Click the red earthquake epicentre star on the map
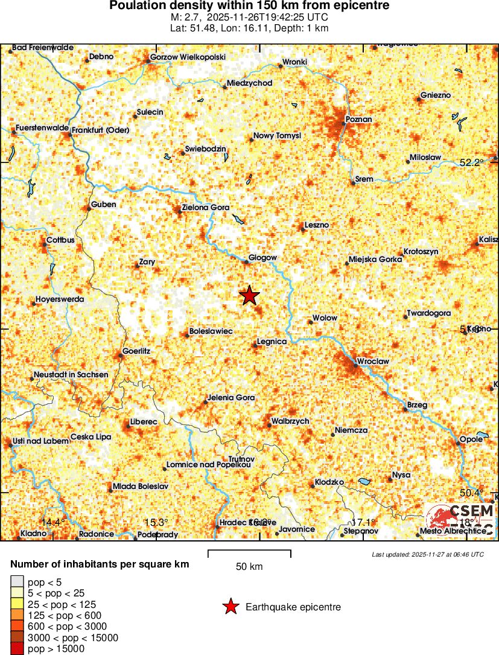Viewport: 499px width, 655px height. (x=249, y=296)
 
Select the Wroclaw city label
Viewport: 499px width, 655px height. (x=373, y=361)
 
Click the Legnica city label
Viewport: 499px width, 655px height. (x=272, y=342)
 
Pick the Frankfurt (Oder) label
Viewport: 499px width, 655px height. (x=100, y=130)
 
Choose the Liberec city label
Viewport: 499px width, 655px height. (x=144, y=421)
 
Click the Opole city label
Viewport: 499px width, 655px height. (x=471, y=439)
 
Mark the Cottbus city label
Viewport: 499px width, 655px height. (x=60, y=240)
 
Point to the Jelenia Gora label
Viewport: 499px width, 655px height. (x=230, y=398)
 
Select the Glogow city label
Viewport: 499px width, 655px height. (x=262, y=258)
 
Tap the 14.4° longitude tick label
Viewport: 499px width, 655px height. (x=53, y=522)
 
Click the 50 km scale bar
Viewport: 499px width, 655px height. (x=249, y=554)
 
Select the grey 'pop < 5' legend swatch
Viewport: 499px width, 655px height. (x=16, y=583)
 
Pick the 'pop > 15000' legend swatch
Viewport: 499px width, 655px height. (x=16, y=649)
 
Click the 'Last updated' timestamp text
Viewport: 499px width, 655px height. (x=428, y=554)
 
